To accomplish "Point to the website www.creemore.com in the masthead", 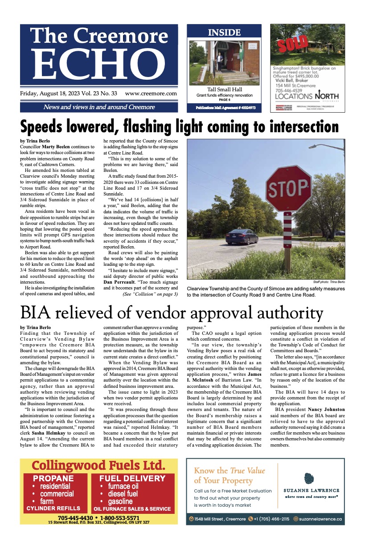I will [151, 94].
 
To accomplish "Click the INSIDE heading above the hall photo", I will [224, 33].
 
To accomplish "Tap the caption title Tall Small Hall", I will [224, 90].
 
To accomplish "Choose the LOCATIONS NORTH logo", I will [307, 96].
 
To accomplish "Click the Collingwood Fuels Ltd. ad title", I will [98, 466].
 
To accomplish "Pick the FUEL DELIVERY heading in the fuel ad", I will [132, 479].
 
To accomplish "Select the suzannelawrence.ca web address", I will [320, 519].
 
